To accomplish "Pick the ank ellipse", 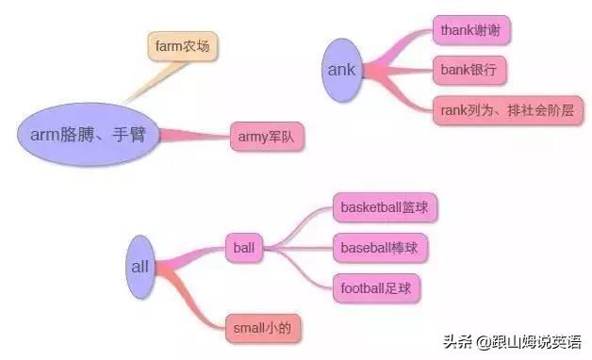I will (x=341, y=69).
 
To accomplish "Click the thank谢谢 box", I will (x=470, y=30).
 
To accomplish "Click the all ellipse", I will (x=140, y=268).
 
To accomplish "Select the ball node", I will (x=243, y=249).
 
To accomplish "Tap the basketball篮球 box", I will (x=385, y=206).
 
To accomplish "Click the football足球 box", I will (x=375, y=287).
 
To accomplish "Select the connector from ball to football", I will (x=302, y=270).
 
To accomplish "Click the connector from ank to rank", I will (x=401, y=90).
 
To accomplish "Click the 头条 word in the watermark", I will (x=457, y=340).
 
